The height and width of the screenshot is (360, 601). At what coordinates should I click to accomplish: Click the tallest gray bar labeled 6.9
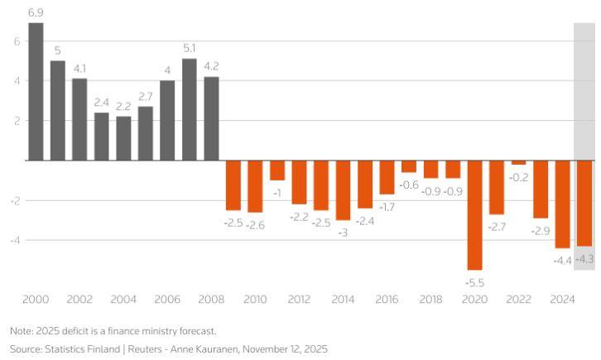(x=36, y=91)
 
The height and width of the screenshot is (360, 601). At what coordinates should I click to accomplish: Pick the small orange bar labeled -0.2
(x=518, y=162)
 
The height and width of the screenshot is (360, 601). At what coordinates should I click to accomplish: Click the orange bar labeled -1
(x=277, y=170)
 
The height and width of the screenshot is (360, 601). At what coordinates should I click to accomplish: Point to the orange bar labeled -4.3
(x=584, y=203)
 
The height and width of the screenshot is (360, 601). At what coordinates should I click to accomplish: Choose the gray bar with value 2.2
(x=123, y=138)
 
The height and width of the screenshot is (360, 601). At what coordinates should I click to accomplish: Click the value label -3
(x=343, y=233)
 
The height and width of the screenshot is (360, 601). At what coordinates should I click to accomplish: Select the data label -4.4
(x=562, y=261)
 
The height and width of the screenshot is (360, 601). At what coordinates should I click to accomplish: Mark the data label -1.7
(x=387, y=207)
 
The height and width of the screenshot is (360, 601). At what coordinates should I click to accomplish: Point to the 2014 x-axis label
(x=343, y=299)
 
